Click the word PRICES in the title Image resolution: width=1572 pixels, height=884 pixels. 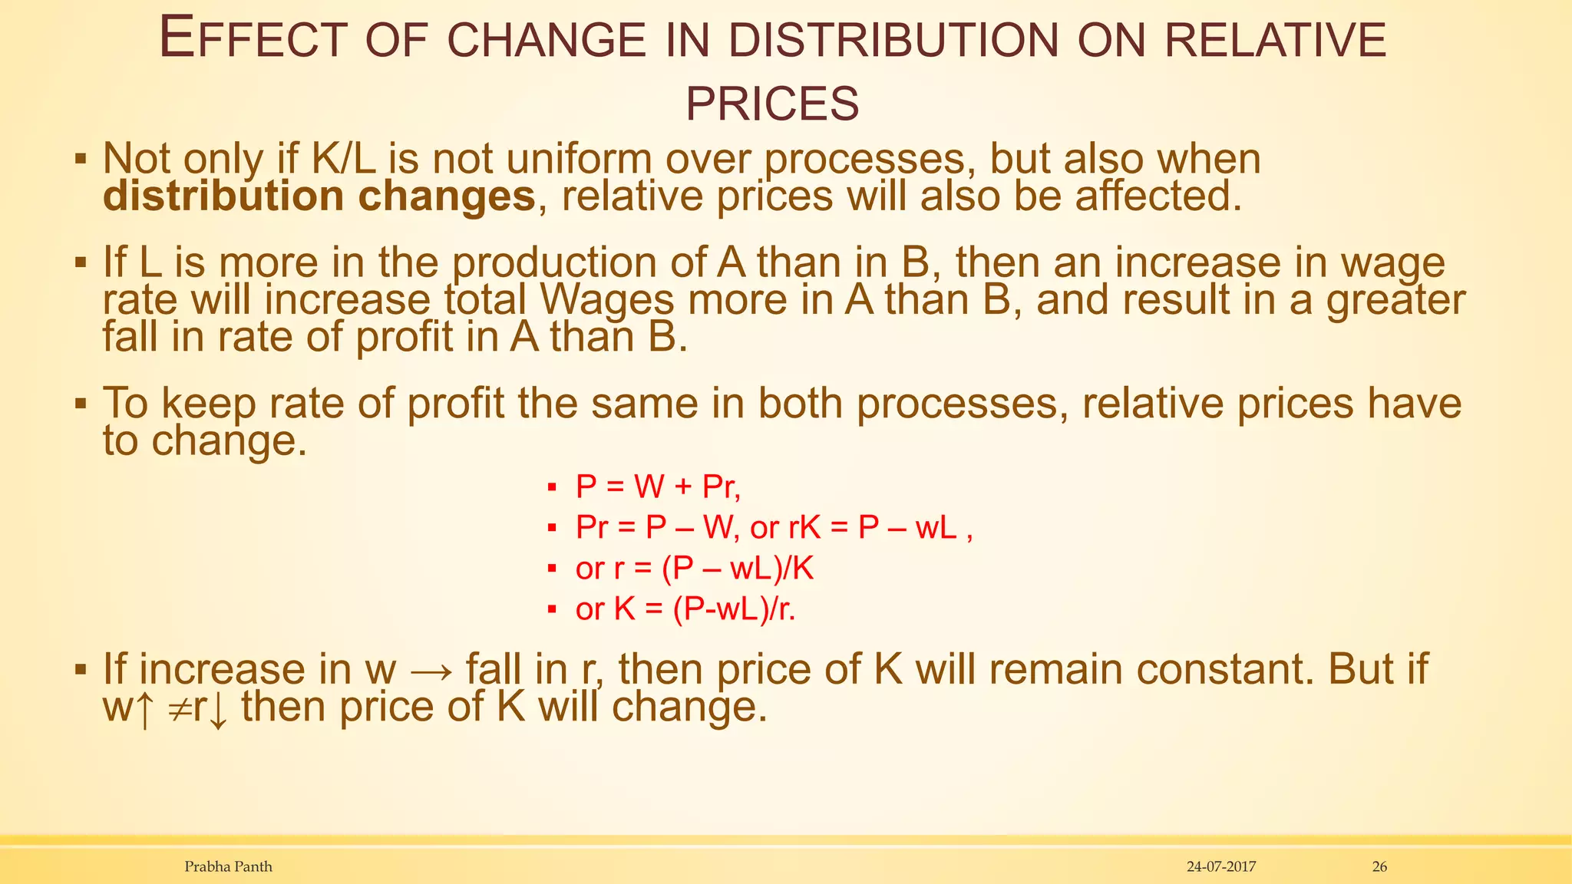(772, 104)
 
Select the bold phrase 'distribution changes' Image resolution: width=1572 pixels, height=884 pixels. (319, 196)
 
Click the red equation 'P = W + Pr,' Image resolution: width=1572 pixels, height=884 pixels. (658, 487)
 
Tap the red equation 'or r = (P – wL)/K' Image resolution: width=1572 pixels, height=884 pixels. (695, 569)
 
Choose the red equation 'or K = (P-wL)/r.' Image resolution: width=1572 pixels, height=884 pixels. (685, 609)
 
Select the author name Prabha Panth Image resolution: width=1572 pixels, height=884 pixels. (228, 866)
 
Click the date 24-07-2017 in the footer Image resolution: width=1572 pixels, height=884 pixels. (1221, 866)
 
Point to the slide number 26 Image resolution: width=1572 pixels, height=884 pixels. (1379, 866)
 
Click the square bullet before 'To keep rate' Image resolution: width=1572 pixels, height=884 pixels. (81, 404)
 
